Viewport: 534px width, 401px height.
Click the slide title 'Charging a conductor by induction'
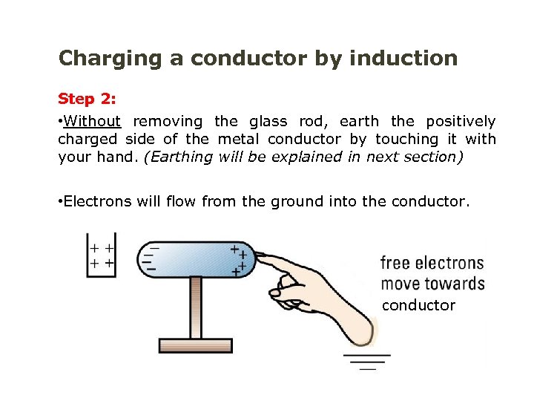258,59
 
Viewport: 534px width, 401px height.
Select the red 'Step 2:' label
86,100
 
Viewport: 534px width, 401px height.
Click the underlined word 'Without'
92,121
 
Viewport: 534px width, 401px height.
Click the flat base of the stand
196,345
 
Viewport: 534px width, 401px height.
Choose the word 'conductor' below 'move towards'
418,305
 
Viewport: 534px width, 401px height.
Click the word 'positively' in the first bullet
460,121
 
